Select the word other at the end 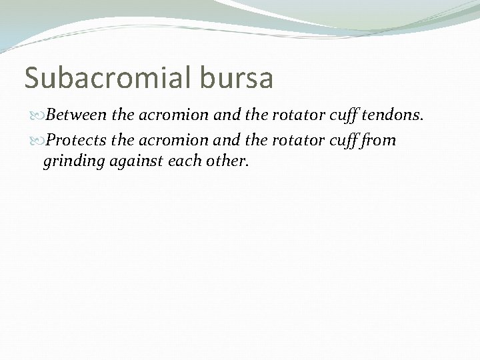pyautogui.click(x=227, y=161)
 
